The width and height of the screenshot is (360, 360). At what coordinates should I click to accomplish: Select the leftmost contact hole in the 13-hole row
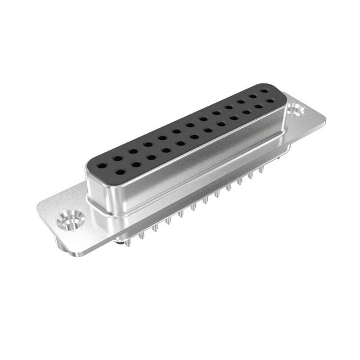click(103, 158)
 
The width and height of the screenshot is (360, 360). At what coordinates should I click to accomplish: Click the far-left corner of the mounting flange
click(38, 209)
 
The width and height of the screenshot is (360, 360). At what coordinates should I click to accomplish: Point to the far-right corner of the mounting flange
click(325, 118)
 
